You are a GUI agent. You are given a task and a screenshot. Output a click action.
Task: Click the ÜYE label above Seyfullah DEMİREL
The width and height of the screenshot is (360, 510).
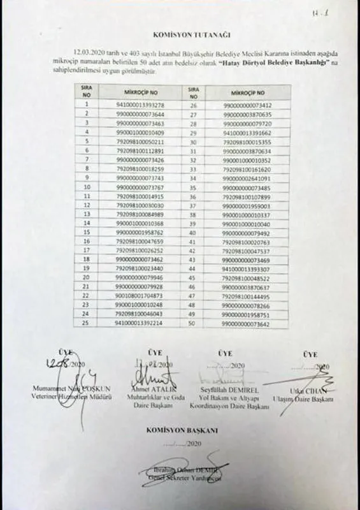pyautogui.click(x=225, y=353)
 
